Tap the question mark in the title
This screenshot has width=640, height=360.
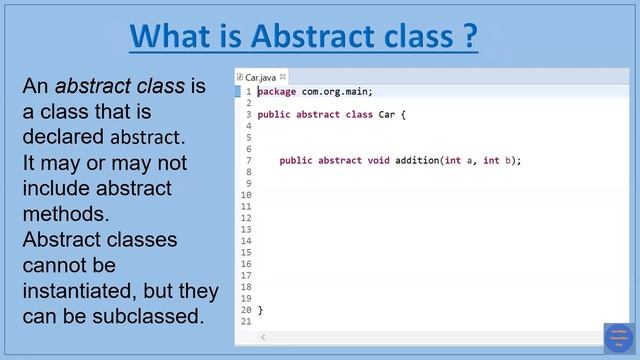(468, 37)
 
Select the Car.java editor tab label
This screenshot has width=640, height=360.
(260, 76)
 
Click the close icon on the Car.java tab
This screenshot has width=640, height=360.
(283, 76)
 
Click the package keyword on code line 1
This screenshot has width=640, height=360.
(277, 92)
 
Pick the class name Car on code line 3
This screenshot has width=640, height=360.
(387, 115)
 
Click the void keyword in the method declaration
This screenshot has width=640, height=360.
(378, 161)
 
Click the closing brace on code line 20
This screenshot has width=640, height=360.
(260, 310)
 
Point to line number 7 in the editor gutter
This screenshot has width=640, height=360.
(248, 161)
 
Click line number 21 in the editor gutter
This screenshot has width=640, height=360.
(246, 321)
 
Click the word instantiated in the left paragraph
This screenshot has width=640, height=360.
(86, 292)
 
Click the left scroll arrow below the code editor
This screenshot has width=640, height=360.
(263, 338)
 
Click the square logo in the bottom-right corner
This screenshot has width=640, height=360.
(619, 338)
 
